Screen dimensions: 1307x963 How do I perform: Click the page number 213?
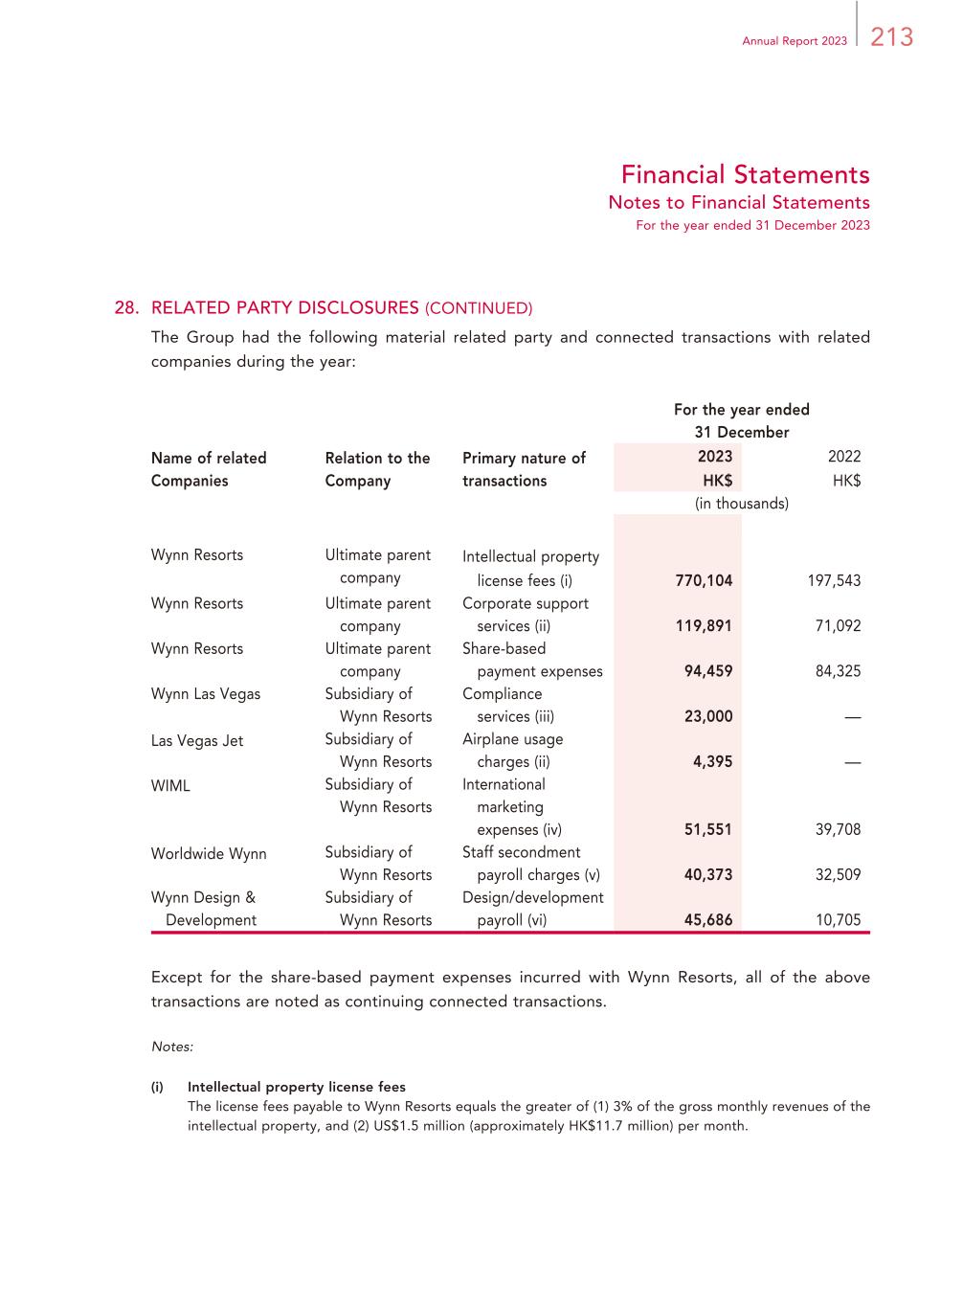click(x=892, y=37)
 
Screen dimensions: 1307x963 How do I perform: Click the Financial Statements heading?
click(x=745, y=174)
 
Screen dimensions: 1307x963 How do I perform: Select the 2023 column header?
click(x=715, y=457)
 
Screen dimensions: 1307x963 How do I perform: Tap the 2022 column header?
click(x=844, y=457)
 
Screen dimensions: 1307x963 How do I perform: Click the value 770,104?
click(x=704, y=580)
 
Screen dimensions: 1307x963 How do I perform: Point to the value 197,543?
click(x=834, y=580)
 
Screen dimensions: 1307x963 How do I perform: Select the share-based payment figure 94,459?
click(x=708, y=671)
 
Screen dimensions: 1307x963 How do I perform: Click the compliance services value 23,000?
click(x=708, y=716)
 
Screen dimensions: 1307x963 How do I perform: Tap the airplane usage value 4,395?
click(x=712, y=762)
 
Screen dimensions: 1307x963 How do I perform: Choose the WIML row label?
click(x=170, y=786)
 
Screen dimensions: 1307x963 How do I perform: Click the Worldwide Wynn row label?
click(x=209, y=854)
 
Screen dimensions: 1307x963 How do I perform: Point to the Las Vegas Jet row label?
click(x=197, y=741)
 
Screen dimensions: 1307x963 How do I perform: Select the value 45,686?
click(x=708, y=920)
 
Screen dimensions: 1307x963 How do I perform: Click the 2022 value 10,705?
click(x=838, y=920)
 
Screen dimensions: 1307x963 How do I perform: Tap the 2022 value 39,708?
click(x=838, y=829)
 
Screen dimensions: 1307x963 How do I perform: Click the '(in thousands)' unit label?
click(x=742, y=504)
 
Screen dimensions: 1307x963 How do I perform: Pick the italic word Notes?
click(x=172, y=1047)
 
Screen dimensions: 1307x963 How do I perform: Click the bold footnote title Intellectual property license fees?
click(x=297, y=1087)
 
